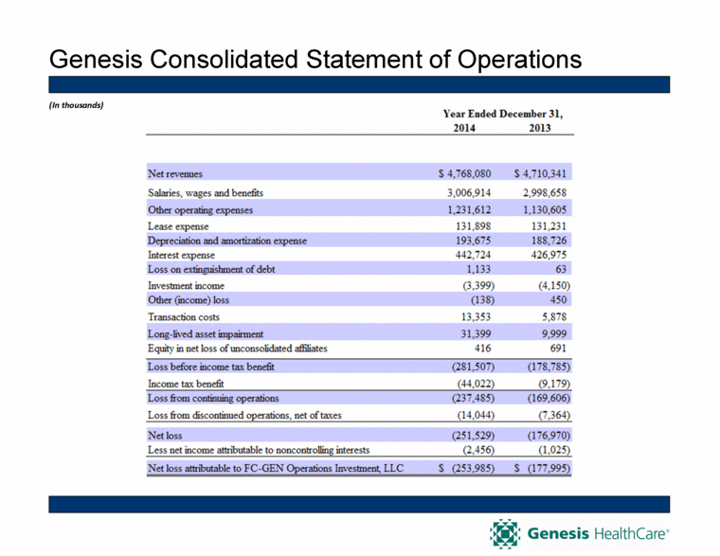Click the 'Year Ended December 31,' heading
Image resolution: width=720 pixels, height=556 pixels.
pos(504,114)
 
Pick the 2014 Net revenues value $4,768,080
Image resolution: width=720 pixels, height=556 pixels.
pos(464,173)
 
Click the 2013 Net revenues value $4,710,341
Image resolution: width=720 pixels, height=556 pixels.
pos(540,173)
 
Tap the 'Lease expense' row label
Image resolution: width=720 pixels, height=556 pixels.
pos(178,227)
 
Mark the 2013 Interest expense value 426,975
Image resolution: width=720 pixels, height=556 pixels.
pos(546,255)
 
